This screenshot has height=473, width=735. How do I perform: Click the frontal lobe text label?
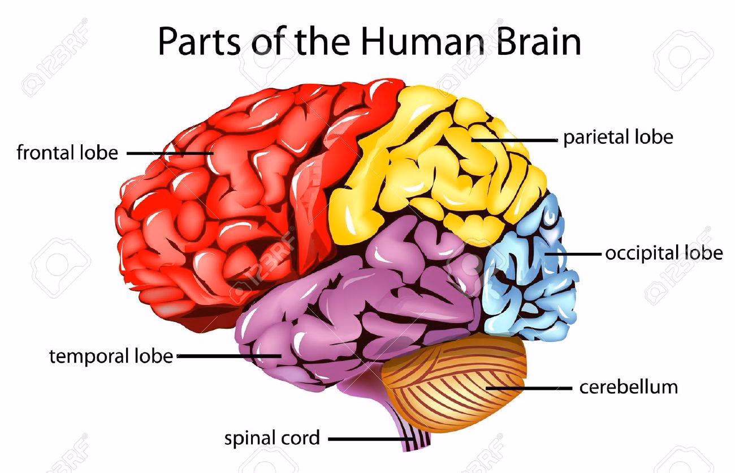coord(67,153)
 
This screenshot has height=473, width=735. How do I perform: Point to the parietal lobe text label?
coord(618,137)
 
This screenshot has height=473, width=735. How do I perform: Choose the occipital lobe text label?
coord(664,253)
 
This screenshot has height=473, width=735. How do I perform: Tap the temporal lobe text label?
coord(111,356)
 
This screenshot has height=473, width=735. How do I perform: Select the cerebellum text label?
coord(628,387)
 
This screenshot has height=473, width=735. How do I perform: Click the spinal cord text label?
coord(272,438)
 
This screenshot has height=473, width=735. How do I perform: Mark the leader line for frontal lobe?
coord(170,153)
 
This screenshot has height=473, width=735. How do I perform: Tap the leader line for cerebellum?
coord(529,388)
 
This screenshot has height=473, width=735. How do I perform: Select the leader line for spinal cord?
coord(367,438)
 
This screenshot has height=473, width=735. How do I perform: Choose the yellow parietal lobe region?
coord(435,164)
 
